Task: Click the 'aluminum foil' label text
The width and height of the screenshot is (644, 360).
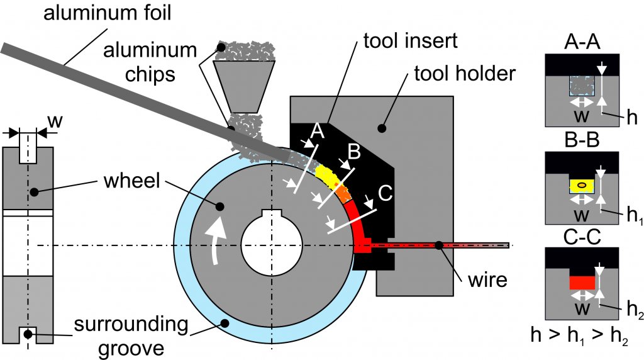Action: click(x=107, y=13)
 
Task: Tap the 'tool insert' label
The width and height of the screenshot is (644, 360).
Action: click(x=410, y=41)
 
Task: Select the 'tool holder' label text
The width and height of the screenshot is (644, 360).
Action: click(x=465, y=74)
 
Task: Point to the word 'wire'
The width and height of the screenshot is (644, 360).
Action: click(x=487, y=280)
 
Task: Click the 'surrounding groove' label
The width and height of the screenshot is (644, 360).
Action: click(x=131, y=336)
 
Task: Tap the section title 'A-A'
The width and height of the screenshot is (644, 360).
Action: click(x=582, y=42)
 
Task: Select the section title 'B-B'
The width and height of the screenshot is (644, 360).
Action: click(x=582, y=140)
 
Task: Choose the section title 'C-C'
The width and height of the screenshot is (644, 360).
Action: click(x=582, y=237)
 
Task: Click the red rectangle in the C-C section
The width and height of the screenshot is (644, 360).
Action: click(x=582, y=283)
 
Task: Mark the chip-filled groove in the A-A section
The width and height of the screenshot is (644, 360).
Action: click(x=582, y=86)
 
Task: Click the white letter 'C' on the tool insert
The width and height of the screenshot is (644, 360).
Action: click(x=385, y=193)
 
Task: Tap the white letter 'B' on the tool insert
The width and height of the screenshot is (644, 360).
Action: click(x=354, y=152)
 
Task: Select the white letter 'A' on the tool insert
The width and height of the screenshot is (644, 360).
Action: click(x=317, y=132)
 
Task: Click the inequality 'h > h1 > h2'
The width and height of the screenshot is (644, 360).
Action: click(x=580, y=335)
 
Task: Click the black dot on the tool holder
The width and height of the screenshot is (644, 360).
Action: click(x=382, y=128)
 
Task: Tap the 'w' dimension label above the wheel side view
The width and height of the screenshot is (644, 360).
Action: click(x=55, y=121)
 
